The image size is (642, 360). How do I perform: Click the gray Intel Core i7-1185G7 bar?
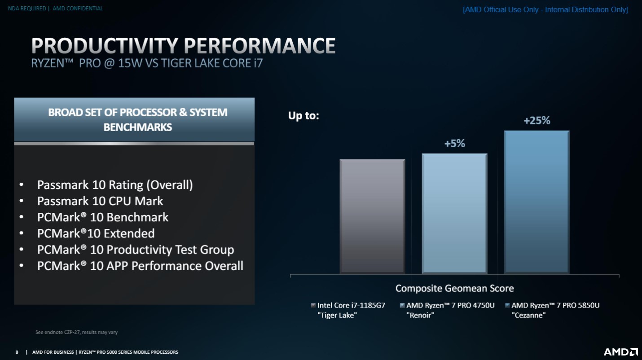[x=372, y=216]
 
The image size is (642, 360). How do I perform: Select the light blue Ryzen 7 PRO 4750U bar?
[x=454, y=213]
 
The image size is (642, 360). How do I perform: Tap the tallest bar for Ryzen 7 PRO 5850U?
[x=536, y=202]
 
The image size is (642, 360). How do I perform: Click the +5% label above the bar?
[x=454, y=144]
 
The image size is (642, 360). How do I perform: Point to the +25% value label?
[x=536, y=121]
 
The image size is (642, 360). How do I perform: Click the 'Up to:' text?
[x=303, y=116]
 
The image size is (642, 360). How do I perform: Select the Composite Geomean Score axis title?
[x=454, y=288]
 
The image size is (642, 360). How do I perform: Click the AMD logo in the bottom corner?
[x=620, y=352]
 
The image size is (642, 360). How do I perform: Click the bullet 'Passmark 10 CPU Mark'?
[x=100, y=201]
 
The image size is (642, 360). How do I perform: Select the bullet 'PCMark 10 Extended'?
[x=96, y=233]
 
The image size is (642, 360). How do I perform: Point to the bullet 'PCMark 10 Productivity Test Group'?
[x=135, y=250]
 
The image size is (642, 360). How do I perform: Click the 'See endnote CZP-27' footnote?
[x=76, y=333]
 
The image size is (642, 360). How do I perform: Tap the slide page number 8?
[x=17, y=352]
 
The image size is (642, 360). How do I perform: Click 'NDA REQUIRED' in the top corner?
[x=27, y=9]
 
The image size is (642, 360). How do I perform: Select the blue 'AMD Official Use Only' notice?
[x=545, y=9]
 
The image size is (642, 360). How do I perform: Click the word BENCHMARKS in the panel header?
[x=137, y=127]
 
